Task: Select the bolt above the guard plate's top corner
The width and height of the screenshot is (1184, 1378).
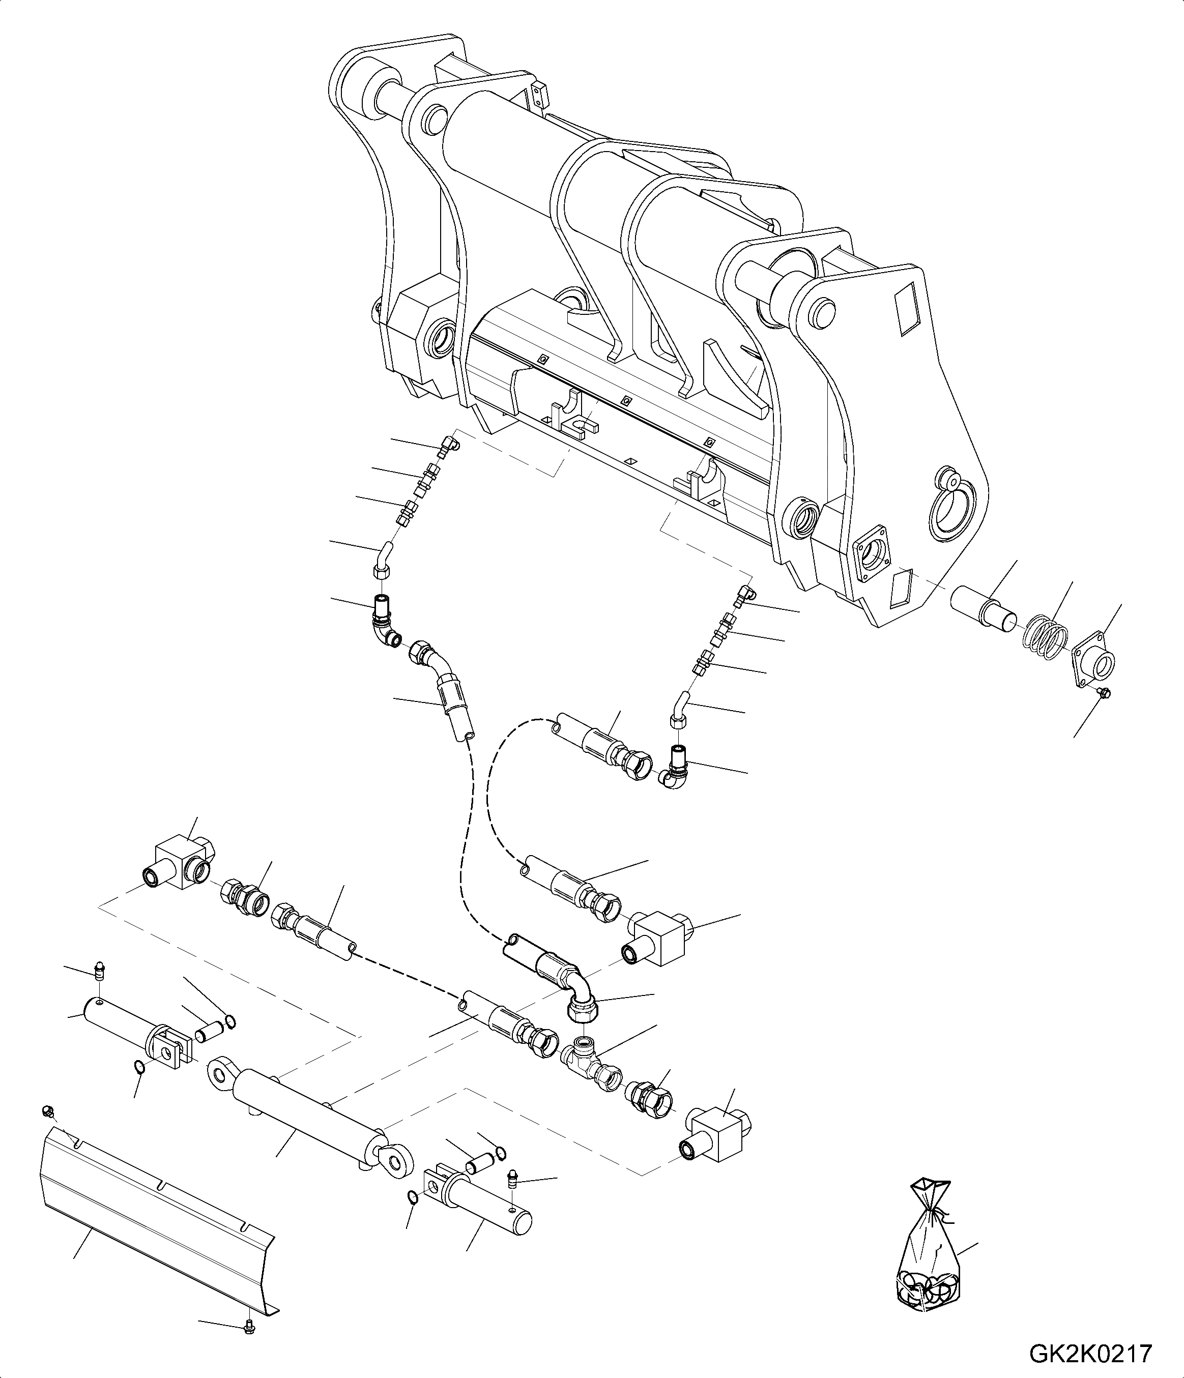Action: pos(47,1110)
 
